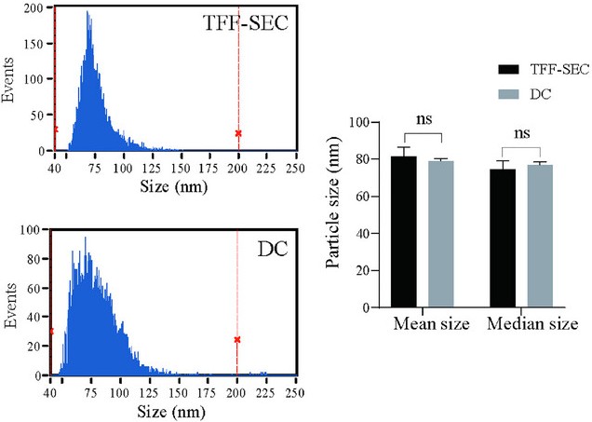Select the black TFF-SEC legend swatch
coord(509,69)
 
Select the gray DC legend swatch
coord(509,94)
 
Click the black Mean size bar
coord(403,232)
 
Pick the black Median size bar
coord(503,238)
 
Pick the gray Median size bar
coord(540,236)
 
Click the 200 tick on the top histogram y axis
coord(34,7)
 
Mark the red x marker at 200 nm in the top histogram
coord(238,133)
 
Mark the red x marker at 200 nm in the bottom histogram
coord(237,340)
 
